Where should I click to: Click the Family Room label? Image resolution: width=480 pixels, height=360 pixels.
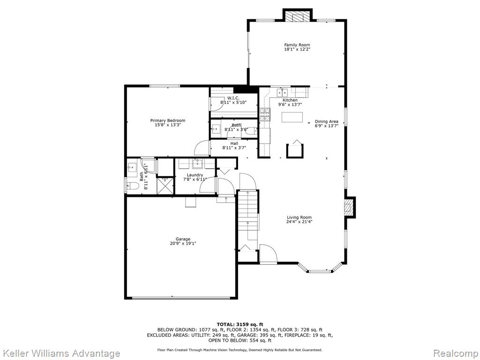tap(297, 45)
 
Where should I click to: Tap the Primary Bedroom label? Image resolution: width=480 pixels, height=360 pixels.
tap(167, 120)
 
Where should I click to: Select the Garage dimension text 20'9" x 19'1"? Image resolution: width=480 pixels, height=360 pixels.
tap(183, 244)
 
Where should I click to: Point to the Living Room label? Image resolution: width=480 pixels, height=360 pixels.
tap(299, 217)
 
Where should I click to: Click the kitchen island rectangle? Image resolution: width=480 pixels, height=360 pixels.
tap(292, 117)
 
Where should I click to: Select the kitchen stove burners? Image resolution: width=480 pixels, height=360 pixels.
tap(265, 114)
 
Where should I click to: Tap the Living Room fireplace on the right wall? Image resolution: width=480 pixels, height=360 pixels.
tap(349, 208)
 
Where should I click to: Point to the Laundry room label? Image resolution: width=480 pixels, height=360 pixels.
tap(195, 175)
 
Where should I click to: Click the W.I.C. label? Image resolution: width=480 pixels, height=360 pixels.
tap(233, 98)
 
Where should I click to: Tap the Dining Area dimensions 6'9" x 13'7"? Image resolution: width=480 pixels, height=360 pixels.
tap(327, 126)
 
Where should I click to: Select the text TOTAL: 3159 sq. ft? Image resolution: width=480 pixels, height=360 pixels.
tap(240, 324)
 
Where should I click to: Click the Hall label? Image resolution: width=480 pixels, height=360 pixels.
tap(234, 143)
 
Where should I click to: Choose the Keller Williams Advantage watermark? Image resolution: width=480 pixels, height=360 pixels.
tap(60, 353)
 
